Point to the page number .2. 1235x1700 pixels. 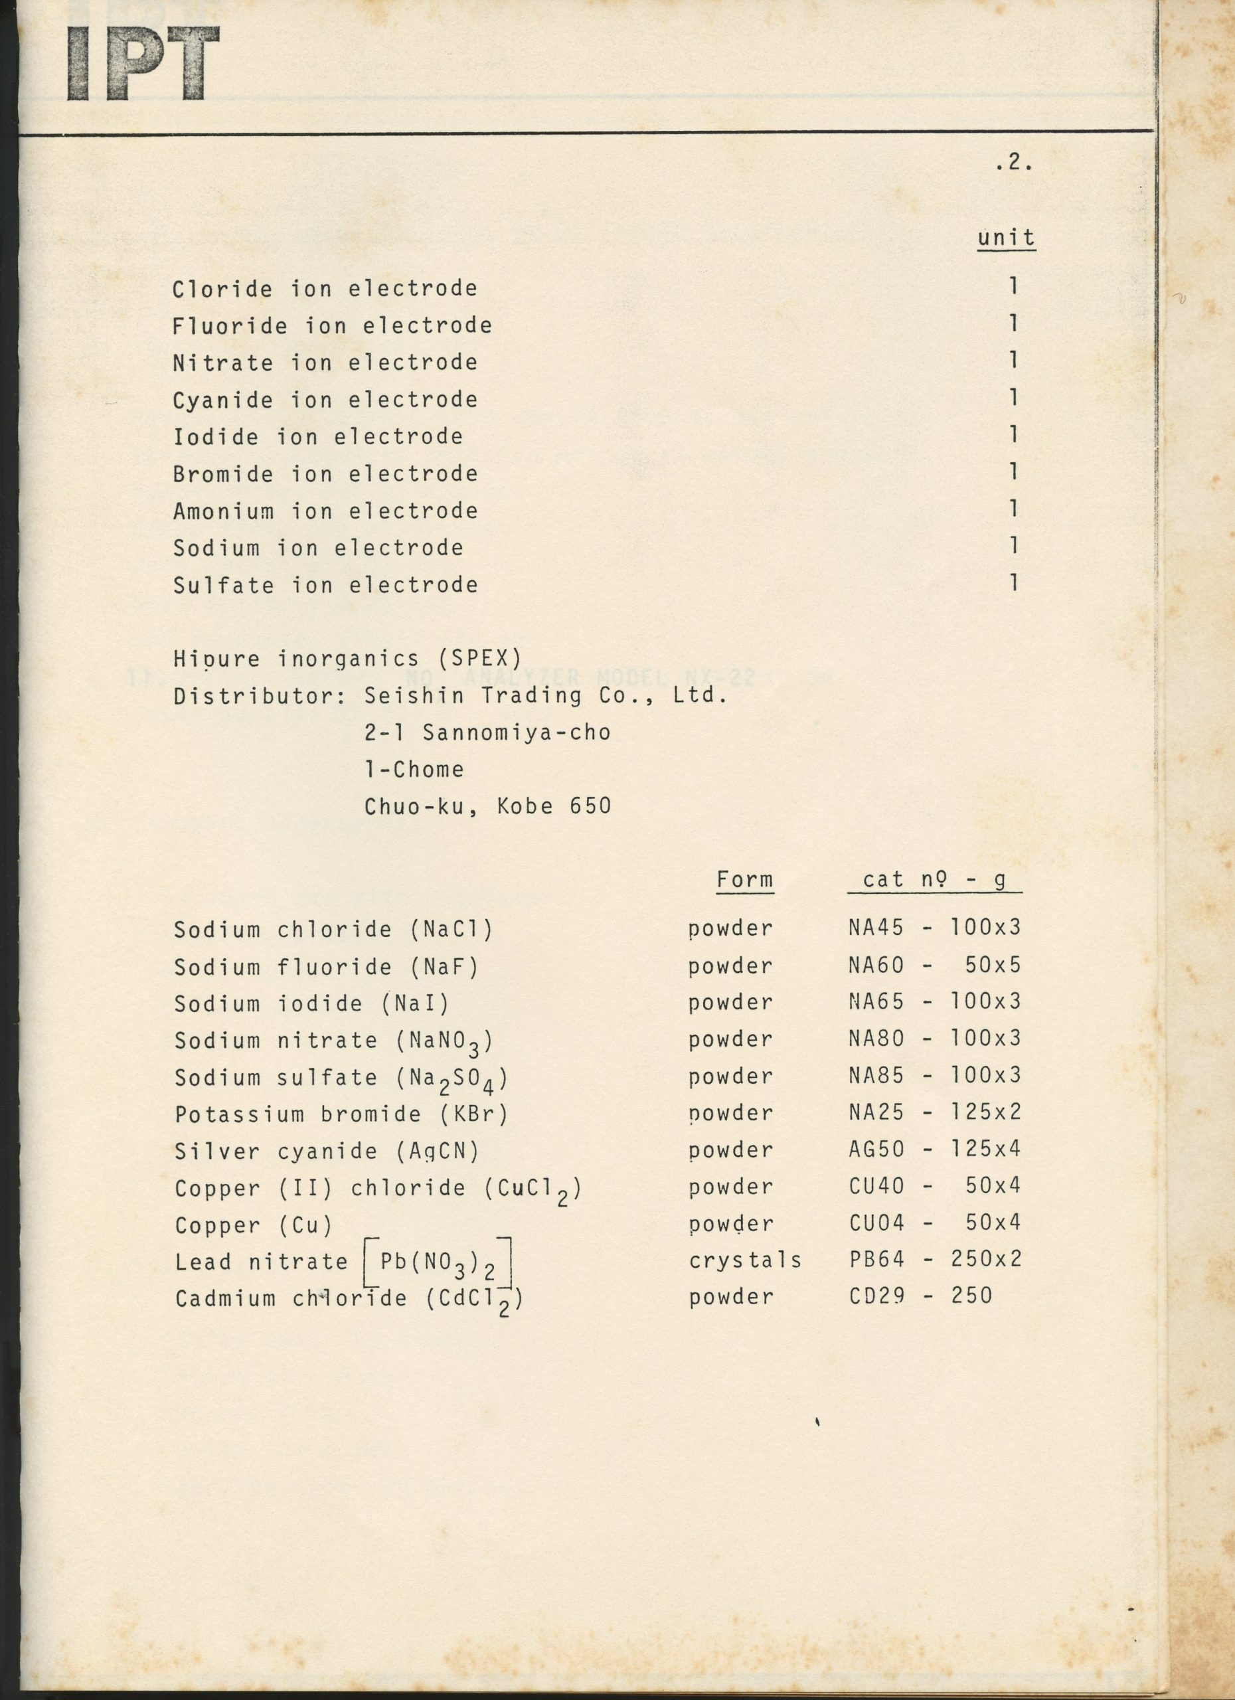point(1015,163)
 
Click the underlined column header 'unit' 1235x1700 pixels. point(1006,238)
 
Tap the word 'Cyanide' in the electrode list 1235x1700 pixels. point(222,400)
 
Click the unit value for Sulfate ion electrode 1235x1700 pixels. point(1013,582)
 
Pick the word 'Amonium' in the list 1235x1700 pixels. point(223,511)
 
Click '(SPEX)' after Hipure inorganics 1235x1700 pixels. point(479,659)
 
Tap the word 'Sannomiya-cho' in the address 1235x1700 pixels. point(517,732)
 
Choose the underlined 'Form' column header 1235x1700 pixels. point(744,879)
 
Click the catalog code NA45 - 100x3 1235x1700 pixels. point(934,928)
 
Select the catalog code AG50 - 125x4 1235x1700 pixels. point(934,1149)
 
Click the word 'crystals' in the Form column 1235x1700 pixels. point(745,1260)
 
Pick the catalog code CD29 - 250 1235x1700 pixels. point(920,1296)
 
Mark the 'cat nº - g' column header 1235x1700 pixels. point(934,879)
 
